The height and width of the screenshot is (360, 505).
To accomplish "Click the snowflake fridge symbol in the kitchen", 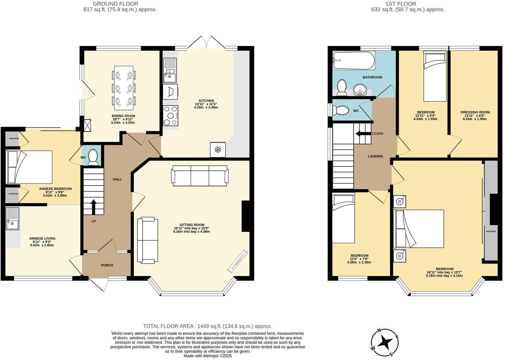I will tap(218, 150).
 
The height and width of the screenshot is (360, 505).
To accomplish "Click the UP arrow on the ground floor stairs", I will tap(93, 207).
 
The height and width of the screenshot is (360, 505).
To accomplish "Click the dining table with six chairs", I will tap(124, 86).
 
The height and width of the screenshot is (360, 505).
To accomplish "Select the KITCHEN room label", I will tap(206, 101).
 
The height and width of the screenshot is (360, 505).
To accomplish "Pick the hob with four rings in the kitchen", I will tap(171, 115).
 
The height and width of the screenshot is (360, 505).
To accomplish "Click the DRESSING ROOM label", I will tap(475, 112).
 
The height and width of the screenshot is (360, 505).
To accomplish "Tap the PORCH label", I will tap(107, 265).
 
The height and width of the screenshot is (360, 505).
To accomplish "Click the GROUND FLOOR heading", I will tap(115, 4).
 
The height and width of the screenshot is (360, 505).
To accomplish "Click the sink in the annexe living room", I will tap(13, 219).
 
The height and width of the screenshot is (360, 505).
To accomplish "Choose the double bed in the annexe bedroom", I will tap(29, 167).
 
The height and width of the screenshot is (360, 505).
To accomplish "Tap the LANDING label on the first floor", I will tap(375, 156).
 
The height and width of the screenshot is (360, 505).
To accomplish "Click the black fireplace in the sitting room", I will tap(246, 216).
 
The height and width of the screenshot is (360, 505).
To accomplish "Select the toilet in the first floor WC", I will tap(340, 111).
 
